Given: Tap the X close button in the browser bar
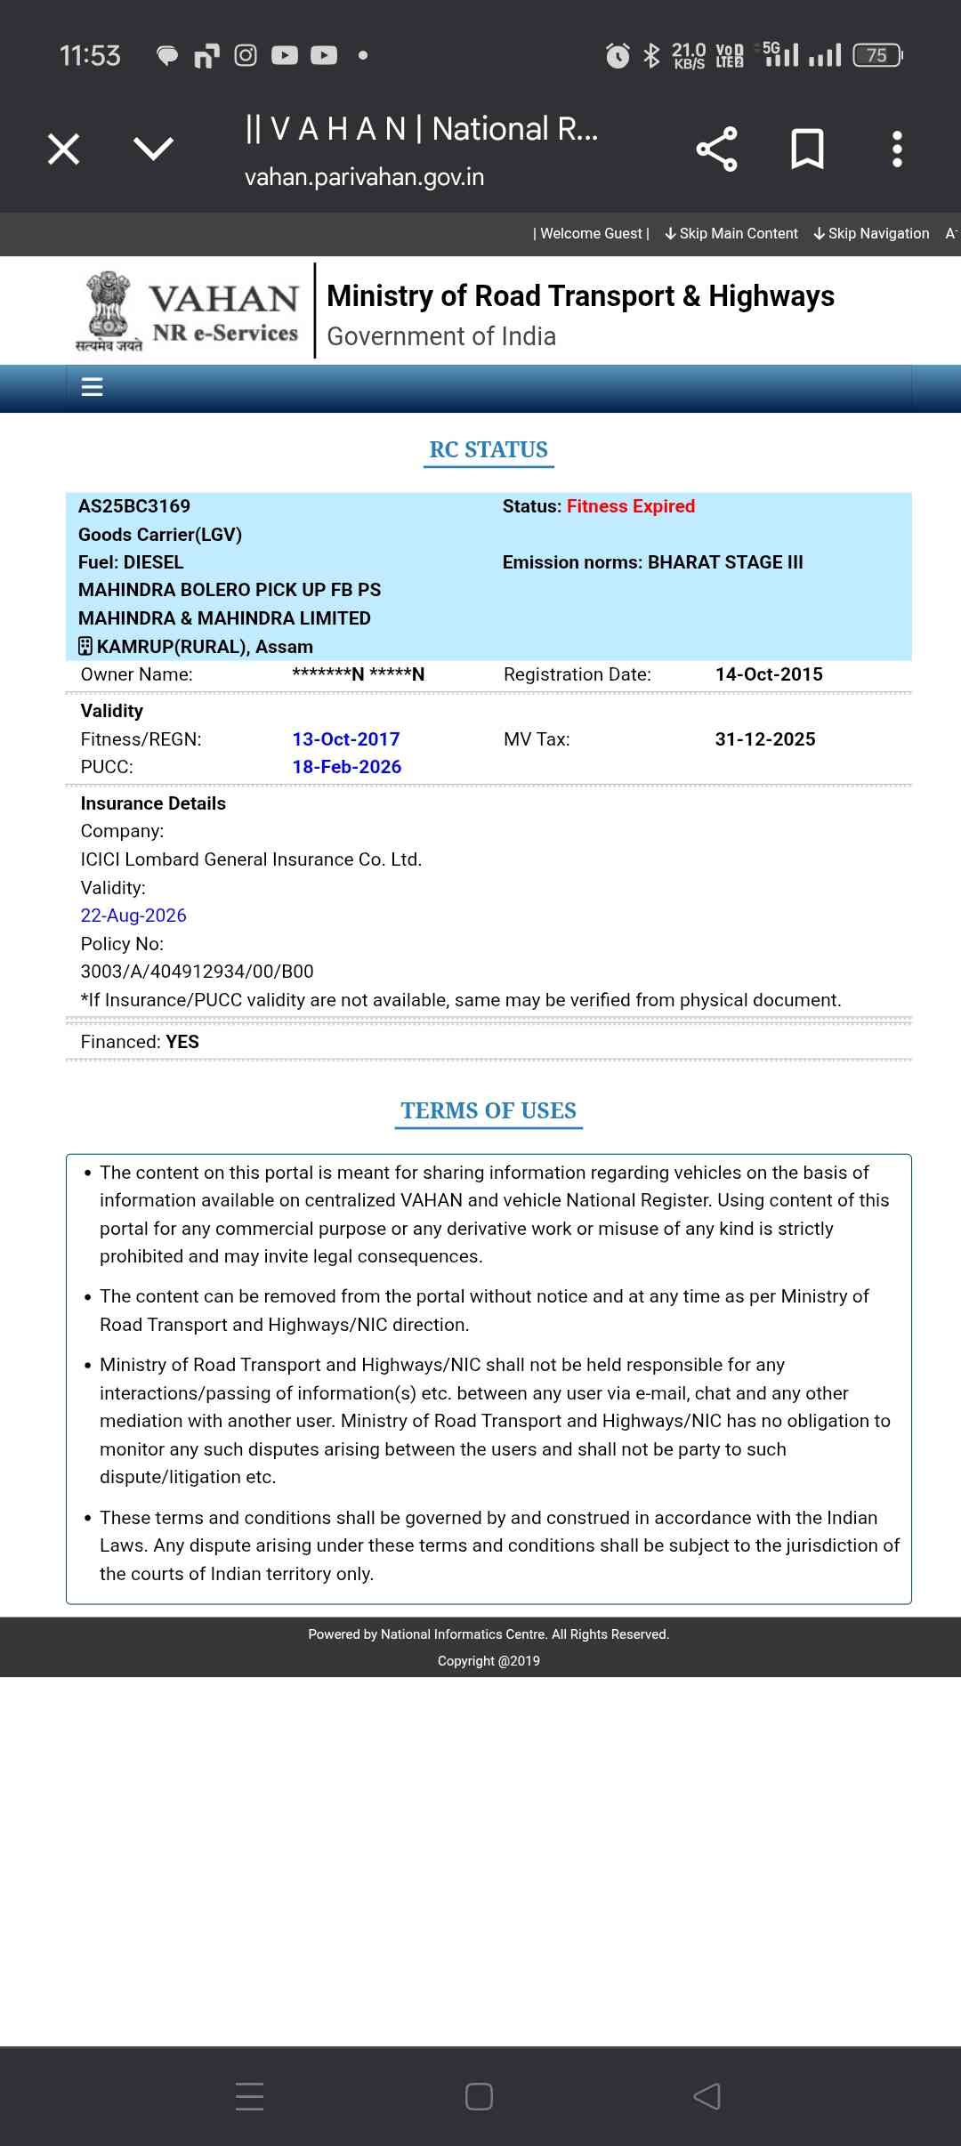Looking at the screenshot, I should click(64, 149).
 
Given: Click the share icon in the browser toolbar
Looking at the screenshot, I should click(716, 149).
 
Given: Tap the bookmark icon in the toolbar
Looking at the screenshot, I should click(807, 149).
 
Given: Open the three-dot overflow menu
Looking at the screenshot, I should click(897, 149).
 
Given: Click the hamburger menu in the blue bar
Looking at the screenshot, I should click(93, 387).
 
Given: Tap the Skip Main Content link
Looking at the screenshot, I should click(731, 233).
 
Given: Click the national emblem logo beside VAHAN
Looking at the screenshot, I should click(109, 310).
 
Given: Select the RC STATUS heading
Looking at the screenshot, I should click(489, 450).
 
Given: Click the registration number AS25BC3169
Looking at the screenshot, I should click(134, 506).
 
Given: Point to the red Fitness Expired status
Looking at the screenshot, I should click(630, 506).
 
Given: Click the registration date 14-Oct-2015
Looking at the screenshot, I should click(769, 674).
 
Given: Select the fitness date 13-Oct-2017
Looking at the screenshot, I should click(346, 739).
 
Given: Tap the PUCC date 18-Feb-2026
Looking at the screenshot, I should click(347, 767).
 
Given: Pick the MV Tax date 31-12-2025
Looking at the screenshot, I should click(765, 739).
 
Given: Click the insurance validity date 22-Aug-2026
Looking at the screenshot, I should click(133, 916).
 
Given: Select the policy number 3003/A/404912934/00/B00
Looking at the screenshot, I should click(197, 972).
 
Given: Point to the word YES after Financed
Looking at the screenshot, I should click(182, 1042).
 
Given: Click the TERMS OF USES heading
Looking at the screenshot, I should click(489, 1111).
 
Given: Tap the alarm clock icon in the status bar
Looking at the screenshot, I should click(618, 56).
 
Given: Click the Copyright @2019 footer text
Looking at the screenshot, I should click(489, 1661).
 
